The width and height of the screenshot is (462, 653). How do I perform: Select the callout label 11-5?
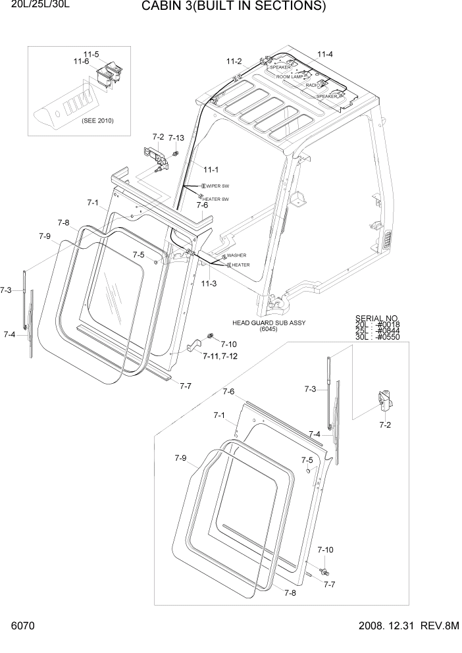[91, 53]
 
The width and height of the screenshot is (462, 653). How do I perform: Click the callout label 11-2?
[234, 61]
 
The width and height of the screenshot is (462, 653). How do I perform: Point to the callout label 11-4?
[325, 54]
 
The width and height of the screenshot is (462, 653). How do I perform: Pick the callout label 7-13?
[176, 138]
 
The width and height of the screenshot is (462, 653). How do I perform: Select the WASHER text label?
[236, 255]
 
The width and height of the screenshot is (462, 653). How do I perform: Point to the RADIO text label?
[313, 86]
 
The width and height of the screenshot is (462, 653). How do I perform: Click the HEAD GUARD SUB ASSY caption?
[269, 323]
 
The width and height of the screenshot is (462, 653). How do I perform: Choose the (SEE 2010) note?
[97, 121]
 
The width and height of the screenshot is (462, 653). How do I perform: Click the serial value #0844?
[389, 330]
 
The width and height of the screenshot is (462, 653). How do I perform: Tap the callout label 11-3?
[209, 283]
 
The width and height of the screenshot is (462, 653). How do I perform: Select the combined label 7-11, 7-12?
[220, 356]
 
